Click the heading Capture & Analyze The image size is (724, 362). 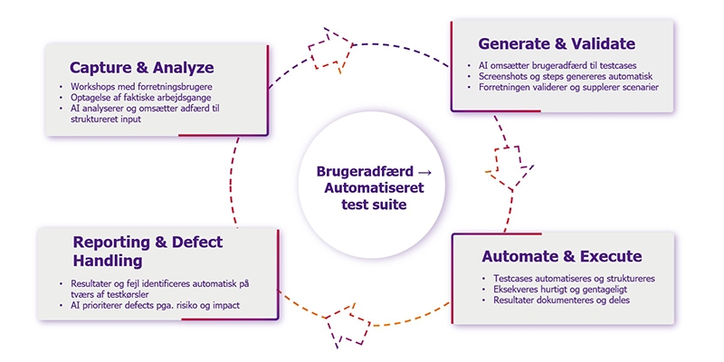point(142,68)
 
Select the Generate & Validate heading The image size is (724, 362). point(557,43)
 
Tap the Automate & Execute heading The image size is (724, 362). point(562,256)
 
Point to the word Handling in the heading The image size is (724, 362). point(108,261)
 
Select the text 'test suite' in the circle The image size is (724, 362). point(374,205)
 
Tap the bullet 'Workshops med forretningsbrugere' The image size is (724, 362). point(144,86)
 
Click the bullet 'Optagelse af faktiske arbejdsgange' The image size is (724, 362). point(140,98)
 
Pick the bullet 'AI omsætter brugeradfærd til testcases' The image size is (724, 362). point(557,65)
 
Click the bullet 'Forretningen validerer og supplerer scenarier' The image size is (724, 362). point(568,87)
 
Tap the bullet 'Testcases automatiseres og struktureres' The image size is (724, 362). point(574,279)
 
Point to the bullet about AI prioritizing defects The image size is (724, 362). point(155,305)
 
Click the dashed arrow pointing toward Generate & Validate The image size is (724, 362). point(330,51)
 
